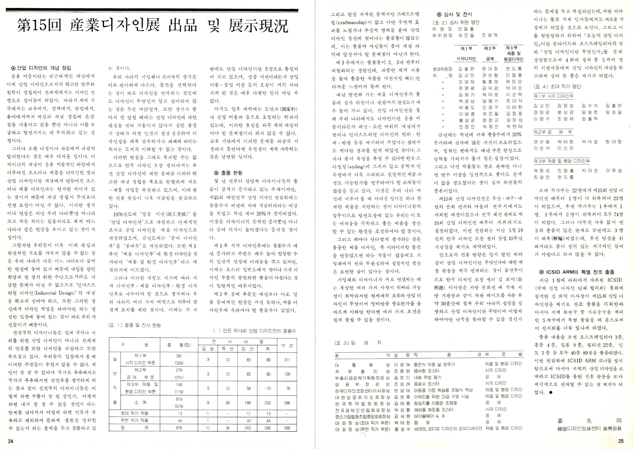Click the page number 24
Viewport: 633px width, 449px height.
(x=11, y=441)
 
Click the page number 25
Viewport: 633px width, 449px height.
(x=621, y=441)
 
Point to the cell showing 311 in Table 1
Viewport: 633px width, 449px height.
(x=287, y=360)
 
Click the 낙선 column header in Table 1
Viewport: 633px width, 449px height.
(x=287, y=345)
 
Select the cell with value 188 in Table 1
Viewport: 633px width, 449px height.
(x=248, y=403)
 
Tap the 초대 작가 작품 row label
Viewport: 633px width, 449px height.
(x=135, y=414)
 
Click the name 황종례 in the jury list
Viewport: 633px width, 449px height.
(x=490, y=82)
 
